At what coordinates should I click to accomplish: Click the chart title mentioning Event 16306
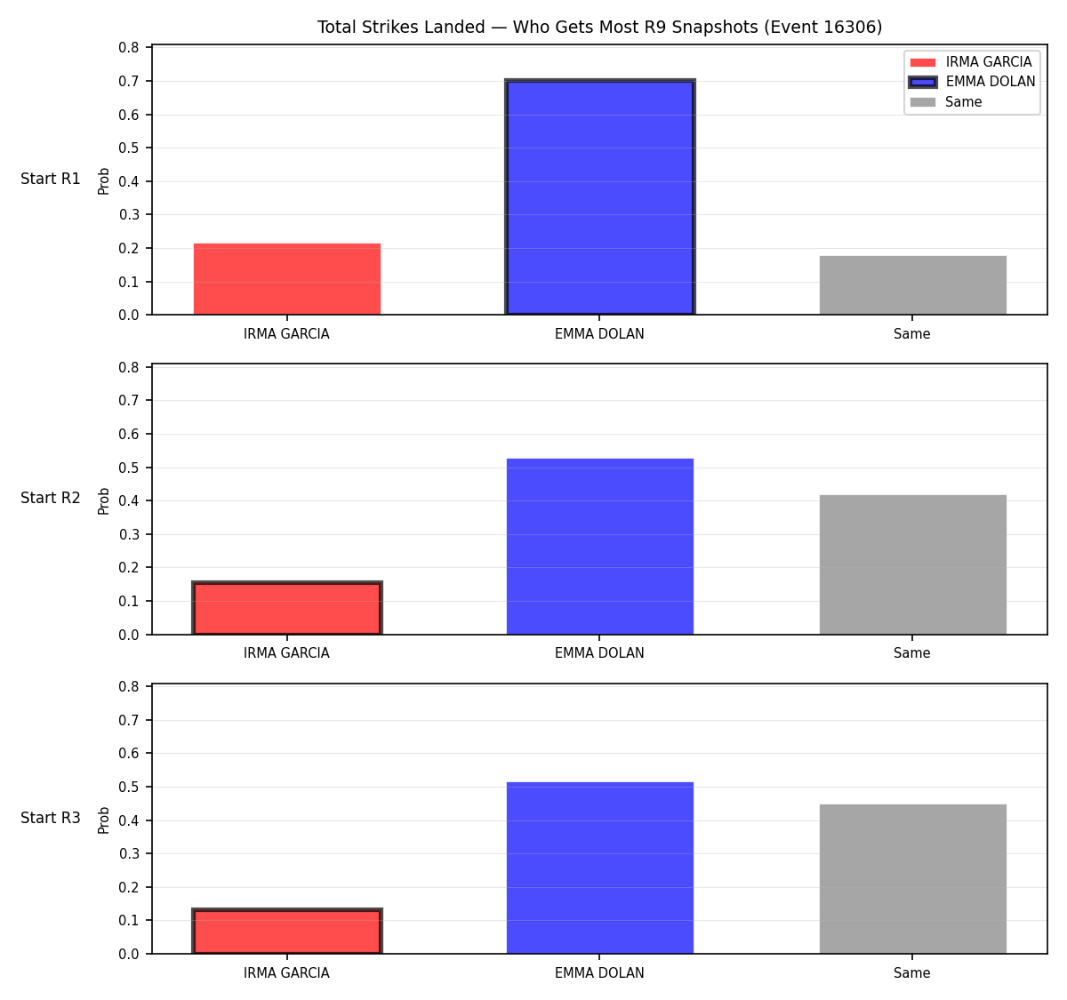pos(599,27)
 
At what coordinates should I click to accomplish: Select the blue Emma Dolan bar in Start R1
pos(599,196)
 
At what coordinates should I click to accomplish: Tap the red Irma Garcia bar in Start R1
pos(287,279)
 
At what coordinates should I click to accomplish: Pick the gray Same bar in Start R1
pos(912,284)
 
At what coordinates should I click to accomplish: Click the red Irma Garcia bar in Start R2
pos(287,608)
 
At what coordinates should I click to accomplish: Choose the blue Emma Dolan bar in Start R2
pos(599,546)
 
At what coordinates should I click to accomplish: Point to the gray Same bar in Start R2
pos(912,564)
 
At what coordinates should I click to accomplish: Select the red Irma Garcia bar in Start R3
pos(287,932)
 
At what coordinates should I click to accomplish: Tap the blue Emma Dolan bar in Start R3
pos(599,868)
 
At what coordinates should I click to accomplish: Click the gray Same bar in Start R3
pos(912,879)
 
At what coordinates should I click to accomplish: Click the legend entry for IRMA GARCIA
pos(970,62)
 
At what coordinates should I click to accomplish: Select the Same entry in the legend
pos(945,101)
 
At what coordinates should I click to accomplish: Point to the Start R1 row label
pos(51,179)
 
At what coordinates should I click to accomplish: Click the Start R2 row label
pos(51,498)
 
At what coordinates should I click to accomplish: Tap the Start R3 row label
pos(51,817)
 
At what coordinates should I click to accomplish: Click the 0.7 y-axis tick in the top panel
pos(128,81)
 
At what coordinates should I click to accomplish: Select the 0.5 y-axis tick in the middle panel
pos(128,468)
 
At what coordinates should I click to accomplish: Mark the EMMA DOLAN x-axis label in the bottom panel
pos(599,972)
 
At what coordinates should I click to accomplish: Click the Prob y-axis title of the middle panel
pos(103,500)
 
